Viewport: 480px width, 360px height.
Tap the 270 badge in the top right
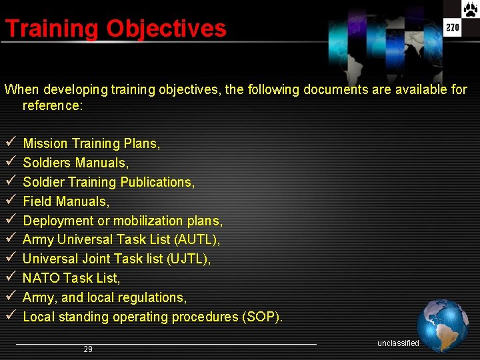point(453,28)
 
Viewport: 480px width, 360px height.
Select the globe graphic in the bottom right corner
point(443,325)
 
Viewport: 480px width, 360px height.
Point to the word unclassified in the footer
point(398,343)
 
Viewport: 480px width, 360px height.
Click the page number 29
point(88,349)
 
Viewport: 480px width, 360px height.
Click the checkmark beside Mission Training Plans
point(10,143)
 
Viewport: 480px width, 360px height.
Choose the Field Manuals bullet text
point(66,201)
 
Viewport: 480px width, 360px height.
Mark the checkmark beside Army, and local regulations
point(10,297)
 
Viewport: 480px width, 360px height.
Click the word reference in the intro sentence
point(52,105)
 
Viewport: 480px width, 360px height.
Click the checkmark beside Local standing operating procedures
point(10,317)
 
